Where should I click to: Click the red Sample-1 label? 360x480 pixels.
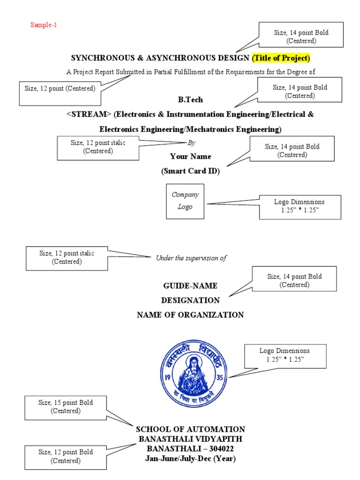(44, 25)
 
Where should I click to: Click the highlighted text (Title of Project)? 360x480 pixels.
(281, 58)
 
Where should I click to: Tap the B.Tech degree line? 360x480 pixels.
(190, 100)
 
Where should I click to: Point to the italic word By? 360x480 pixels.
(191, 142)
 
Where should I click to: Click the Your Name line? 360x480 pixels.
(190, 157)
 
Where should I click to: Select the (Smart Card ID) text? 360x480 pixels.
(190, 172)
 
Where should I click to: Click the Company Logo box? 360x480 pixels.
(185, 201)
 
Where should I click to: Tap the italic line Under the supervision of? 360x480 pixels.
(191, 258)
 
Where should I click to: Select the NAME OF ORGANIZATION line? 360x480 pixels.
(190, 315)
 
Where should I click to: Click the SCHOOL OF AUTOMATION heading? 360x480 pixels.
(190, 429)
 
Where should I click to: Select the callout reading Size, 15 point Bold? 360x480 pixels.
(66, 407)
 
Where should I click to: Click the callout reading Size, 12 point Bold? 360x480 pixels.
(66, 456)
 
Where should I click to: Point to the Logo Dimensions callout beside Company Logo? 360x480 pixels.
(300, 206)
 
